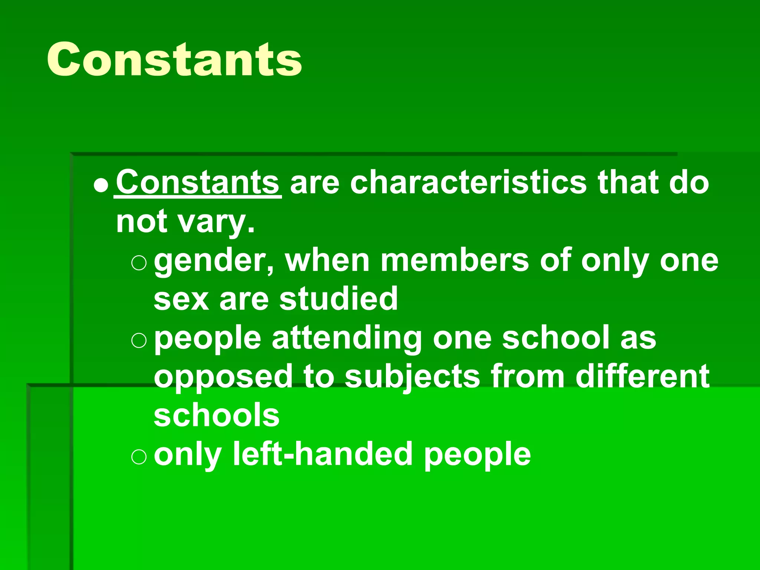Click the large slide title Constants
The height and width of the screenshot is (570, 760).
(x=174, y=59)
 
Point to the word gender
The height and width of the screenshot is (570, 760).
(x=214, y=261)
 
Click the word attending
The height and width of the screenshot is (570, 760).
(x=347, y=338)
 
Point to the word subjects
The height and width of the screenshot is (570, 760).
(x=412, y=377)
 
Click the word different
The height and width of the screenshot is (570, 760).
(x=642, y=376)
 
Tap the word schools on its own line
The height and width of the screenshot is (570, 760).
(x=217, y=415)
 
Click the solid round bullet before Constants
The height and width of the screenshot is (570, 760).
(x=101, y=184)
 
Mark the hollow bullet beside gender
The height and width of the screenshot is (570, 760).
(x=139, y=263)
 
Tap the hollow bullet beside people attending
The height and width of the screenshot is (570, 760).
(x=139, y=340)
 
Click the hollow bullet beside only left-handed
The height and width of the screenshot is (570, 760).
(x=139, y=456)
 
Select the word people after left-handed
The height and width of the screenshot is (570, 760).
(x=477, y=455)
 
